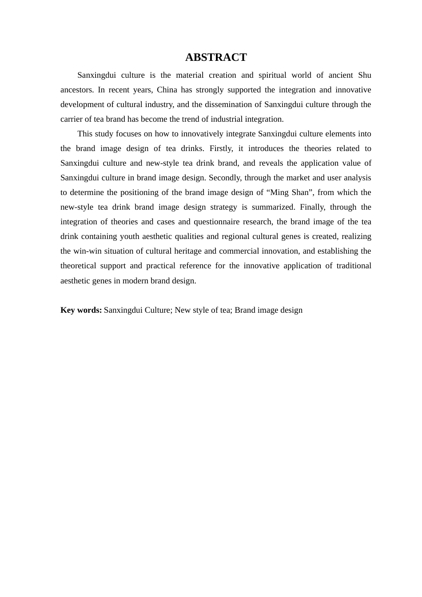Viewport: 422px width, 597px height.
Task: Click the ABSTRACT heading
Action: (x=216, y=57)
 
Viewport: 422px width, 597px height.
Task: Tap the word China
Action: (x=167, y=90)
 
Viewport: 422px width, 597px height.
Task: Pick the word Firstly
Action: (x=221, y=148)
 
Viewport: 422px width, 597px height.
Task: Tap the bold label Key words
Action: (x=81, y=310)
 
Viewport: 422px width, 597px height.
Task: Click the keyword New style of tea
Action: (x=202, y=310)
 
